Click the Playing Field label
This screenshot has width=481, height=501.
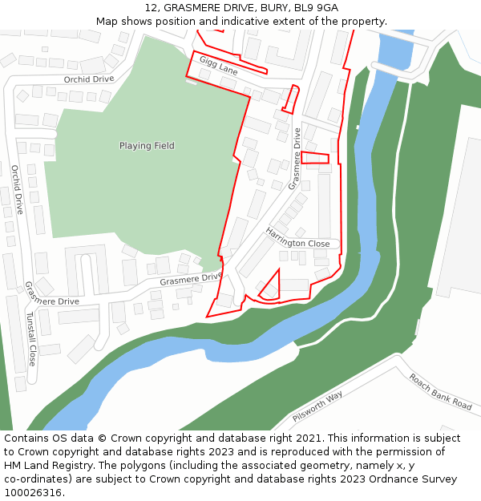(x=147, y=146)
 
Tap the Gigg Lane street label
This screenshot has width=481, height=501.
(x=218, y=65)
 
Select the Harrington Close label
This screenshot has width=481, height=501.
(x=297, y=238)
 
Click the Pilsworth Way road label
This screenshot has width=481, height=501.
(x=317, y=406)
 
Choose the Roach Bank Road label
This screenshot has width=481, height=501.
(x=440, y=391)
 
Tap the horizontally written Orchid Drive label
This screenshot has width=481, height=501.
(x=89, y=79)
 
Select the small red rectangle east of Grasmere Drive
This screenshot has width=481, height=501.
(x=315, y=158)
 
